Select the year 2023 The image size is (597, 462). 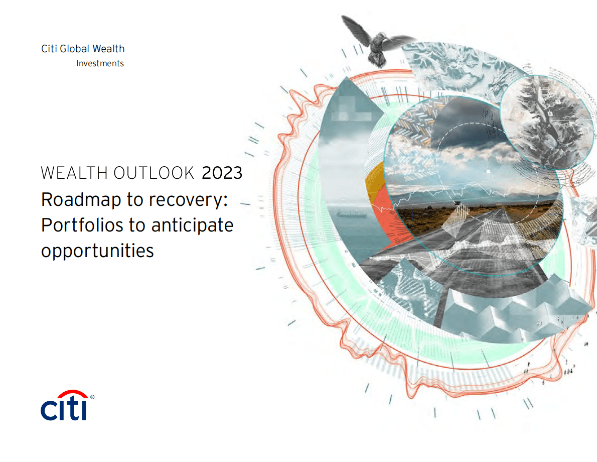pos(222,173)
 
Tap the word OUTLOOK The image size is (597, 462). pos(154,173)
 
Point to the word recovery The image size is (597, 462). pos(187,200)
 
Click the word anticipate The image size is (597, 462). pos(192,225)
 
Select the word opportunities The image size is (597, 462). pos(97,251)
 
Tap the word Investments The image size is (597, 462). pos(100,63)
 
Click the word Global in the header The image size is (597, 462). pos(75,49)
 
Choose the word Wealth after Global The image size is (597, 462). pos(108,49)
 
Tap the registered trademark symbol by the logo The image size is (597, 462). pos(92,397)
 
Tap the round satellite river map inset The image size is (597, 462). pos(547,121)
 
